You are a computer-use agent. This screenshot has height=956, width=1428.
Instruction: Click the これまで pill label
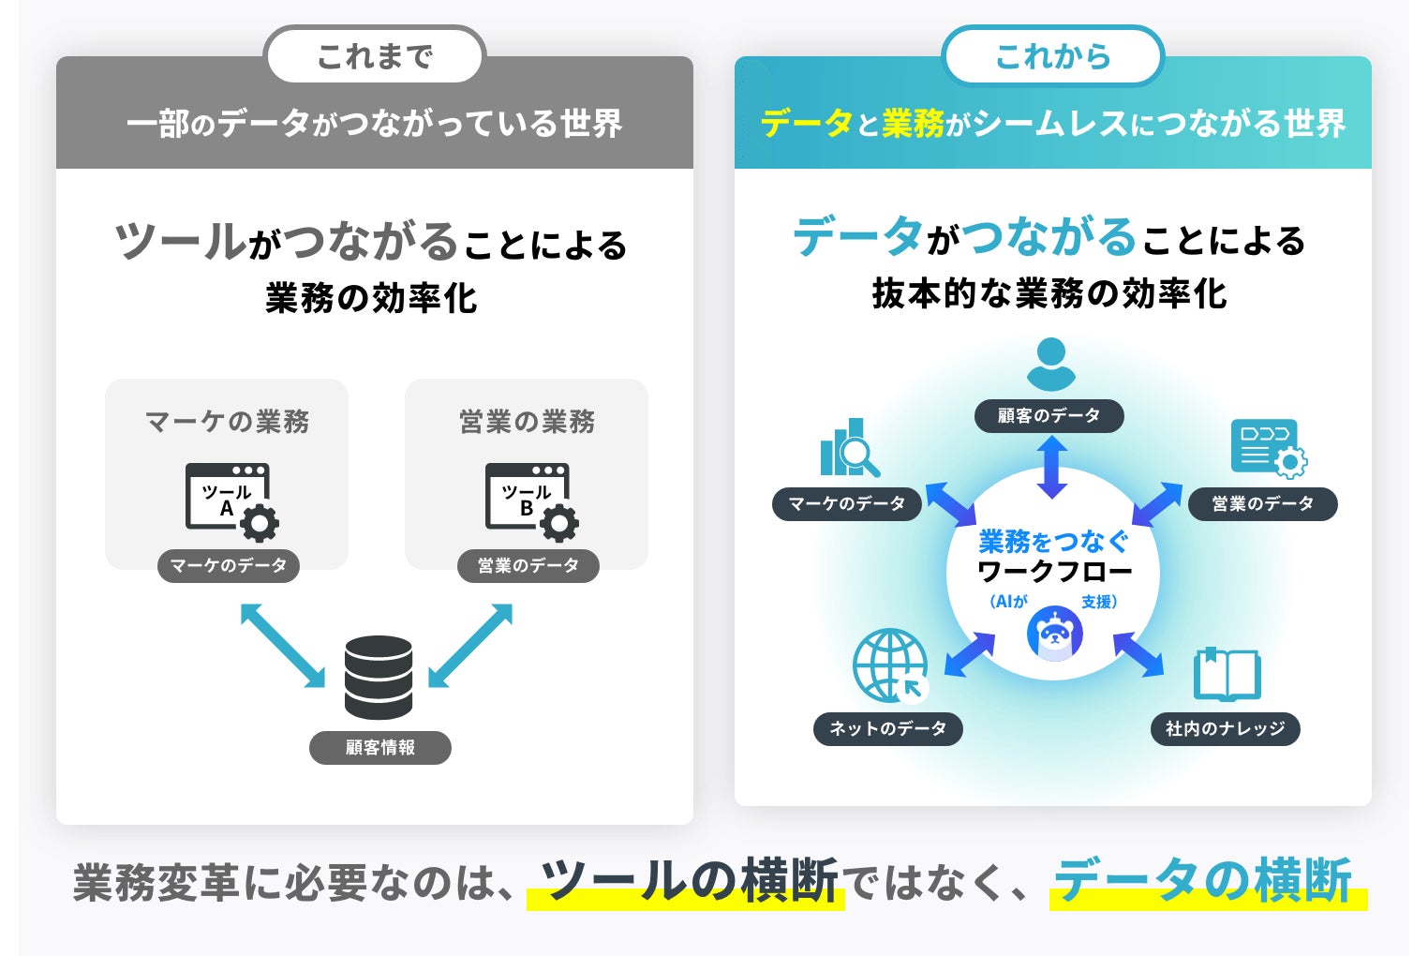(x=375, y=56)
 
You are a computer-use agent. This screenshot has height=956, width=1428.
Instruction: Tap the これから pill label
(x=1052, y=56)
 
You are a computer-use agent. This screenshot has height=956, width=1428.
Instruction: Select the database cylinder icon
(x=379, y=677)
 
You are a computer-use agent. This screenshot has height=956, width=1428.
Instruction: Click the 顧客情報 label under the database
(x=380, y=748)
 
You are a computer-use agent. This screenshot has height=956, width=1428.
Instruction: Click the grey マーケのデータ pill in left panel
(x=229, y=565)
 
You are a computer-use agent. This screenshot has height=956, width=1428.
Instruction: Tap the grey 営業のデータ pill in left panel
(x=528, y=565)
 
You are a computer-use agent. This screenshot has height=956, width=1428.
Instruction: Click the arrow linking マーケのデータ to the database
(x=282, y=645)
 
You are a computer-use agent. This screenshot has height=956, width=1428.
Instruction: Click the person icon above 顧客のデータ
(x=1050, y=365)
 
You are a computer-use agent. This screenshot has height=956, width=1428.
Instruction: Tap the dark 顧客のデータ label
(x=1049, y=415)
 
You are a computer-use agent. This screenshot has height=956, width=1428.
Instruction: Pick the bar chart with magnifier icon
(x=849, y=448)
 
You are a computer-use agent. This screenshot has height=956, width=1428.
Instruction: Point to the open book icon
(x=1227, y=674)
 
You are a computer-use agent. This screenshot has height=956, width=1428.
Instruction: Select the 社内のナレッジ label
(x=1225, y=728)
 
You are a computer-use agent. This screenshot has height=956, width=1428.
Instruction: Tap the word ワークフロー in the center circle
(x=1054, y=571)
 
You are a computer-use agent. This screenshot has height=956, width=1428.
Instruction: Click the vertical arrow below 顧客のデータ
(x=1051, y=467)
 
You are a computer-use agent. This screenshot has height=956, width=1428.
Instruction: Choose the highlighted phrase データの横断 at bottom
(x=1203, y=881)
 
